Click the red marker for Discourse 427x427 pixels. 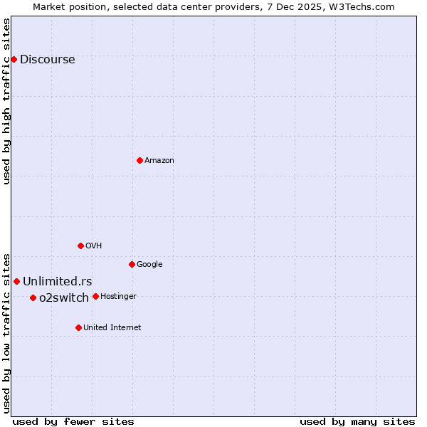pyautogui.click(x=14, y=59)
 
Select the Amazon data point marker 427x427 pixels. pyautogui.click(x=139, y=160)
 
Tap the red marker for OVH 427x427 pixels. pyautogui.click(x=80, y=246)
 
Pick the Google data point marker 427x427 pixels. pyautogui.click(x=132, y=264)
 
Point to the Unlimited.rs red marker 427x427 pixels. pyautogui.click(x=16, y=281)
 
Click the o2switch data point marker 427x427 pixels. pyautogui.click(x=33, y=297)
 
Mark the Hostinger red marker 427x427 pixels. pyautogui.click(x=95, y=296)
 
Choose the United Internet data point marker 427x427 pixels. pyautogui.click(x=78, y=327)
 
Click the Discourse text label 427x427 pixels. pyautogui.click(x=47, y=60)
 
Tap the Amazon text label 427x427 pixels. pyautogui.click(x=159, y=161)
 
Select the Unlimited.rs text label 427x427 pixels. pyautogui.click(x=57, y=282)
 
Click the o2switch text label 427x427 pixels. pyautogui.click(x=64, y=298)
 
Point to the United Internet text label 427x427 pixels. pyautogui.click(x=112, y=328)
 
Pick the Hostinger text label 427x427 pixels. pyautogui.click(x=118, y=297)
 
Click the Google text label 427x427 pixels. pyautogui.click(x=149, y=265)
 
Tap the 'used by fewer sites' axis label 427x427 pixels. pyautogui.click(x=73, y=421)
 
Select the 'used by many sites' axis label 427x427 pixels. pyautogui.click(x=357, y=421)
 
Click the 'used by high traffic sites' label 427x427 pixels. pyautogui.click(x=7, y=101)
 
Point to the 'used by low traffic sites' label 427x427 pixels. pyautogui.click(x=7, y=332)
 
